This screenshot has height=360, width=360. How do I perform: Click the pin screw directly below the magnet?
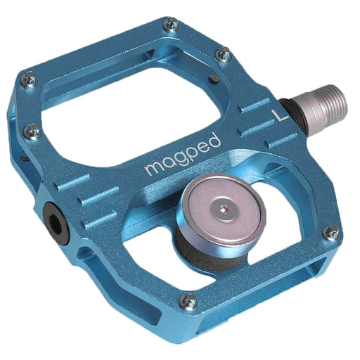coord(188,301)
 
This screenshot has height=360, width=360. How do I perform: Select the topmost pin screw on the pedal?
coord(170,26)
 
